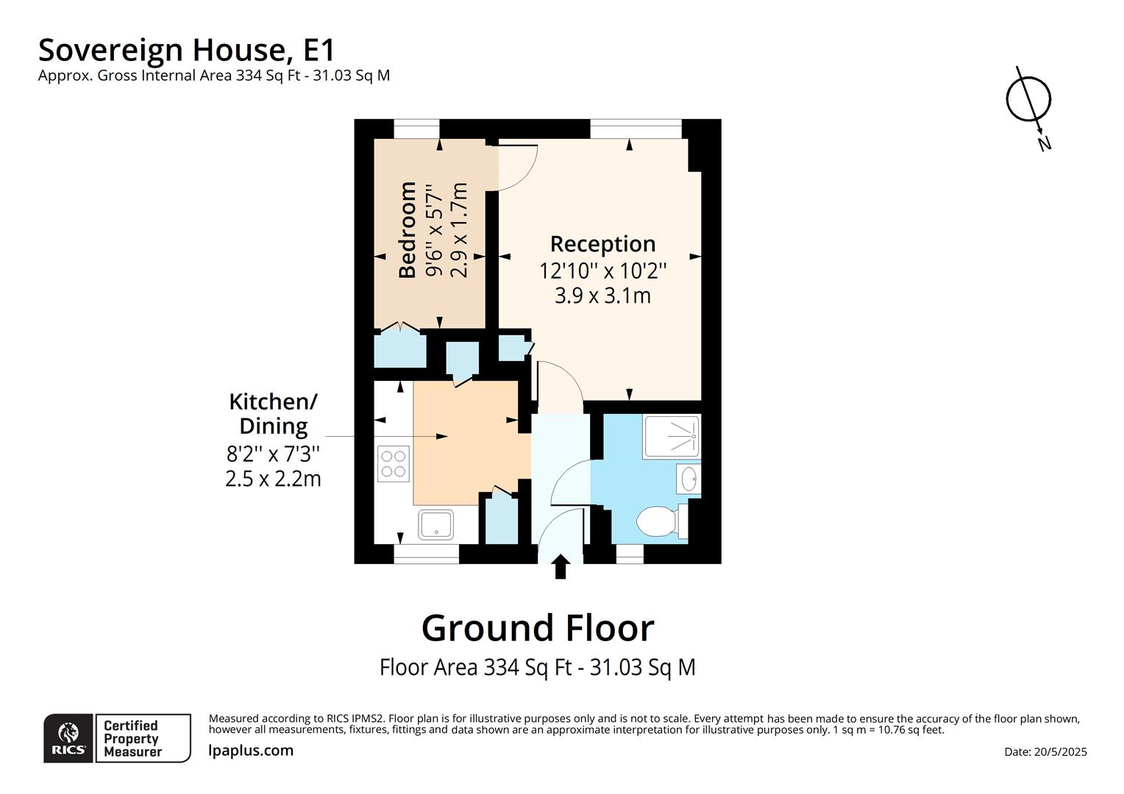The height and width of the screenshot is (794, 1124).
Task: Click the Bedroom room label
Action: (x=407, y=229)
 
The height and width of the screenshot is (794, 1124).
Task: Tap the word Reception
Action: (x=602, y=244)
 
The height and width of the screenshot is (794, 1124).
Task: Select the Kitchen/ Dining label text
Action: (x=274, y=414)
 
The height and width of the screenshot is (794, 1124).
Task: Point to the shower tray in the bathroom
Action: (x=672, y=437)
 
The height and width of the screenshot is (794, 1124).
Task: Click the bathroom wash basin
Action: (x=689, y=479)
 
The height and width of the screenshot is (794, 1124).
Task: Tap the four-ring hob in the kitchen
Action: (x=394, y=464)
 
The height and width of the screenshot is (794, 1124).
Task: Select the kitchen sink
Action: (x=436, y=525)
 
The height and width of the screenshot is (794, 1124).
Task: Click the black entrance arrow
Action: (x=561, y=566)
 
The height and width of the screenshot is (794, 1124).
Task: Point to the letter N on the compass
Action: (x=1045, y=144)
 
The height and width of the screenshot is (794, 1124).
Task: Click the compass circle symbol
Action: (x=1028, y=99)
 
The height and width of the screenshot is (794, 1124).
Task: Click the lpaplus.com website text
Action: (x=251, y=751)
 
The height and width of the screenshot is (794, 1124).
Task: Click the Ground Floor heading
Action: (x=538, y=628)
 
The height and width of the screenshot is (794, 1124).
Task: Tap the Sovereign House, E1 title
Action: (x=186, y=50)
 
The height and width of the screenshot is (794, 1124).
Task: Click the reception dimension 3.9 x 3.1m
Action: (x=602, y=296)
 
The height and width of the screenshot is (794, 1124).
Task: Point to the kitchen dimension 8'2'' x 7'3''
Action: (x=273, y=454)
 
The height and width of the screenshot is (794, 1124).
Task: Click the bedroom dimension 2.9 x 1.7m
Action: (x=459, y=229)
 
